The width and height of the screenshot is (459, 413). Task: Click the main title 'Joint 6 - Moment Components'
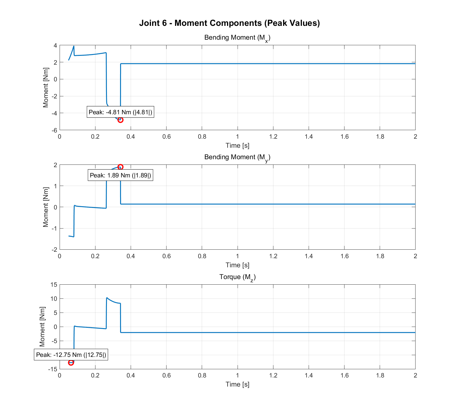(229, 23)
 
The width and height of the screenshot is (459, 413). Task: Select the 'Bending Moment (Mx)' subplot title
(237, 38)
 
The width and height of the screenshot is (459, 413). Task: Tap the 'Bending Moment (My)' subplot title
(237, 157)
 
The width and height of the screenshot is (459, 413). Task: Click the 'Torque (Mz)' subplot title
(237, 277)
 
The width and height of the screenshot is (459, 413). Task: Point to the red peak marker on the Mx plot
(120, 120)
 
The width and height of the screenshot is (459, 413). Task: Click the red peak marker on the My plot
(120, 167)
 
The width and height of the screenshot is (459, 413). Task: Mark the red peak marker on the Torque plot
(71, 363)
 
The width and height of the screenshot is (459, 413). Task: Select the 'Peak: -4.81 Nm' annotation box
(120, 112)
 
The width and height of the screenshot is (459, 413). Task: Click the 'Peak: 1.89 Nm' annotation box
(120, 175)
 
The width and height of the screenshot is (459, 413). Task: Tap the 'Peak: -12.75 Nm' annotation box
(71, 355)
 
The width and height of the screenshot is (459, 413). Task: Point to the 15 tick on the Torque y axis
(53, 285)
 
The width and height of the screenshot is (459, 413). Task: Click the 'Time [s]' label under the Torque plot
(237, 384)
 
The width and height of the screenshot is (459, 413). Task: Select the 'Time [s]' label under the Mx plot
(237, 145)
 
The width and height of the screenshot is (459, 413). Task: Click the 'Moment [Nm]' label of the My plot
(46, 207)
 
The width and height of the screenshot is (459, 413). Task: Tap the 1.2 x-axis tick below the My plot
(273, 256)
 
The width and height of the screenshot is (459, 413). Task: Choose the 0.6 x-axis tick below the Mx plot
(166, 137)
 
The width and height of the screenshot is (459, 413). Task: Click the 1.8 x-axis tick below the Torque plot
(380, 375)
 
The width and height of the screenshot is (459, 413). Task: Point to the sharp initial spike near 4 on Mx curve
(74, 46)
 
